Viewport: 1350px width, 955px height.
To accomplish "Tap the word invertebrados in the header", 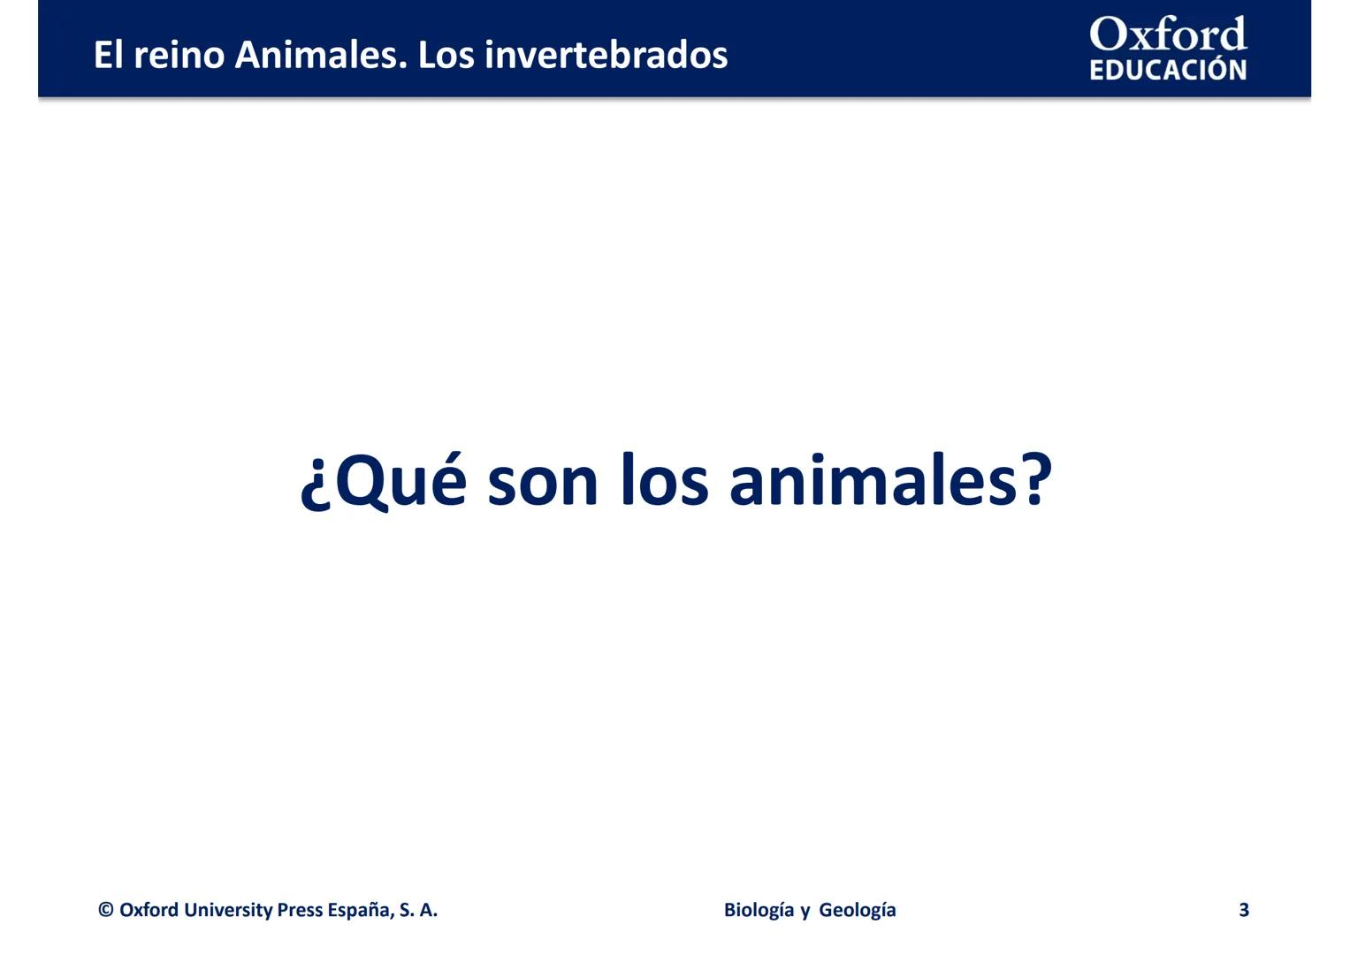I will click(606, 55).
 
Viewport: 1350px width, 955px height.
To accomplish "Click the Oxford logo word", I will click(1167, 35).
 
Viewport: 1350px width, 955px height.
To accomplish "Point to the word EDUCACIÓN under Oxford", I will click(1167, 70).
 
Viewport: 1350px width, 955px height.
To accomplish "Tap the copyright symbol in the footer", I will click(106, 910).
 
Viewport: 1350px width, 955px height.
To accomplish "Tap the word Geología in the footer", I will click(858, 910).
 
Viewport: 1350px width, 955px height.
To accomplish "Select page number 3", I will click(1244, 910).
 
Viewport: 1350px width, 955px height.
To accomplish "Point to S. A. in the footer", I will click(418, 910).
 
